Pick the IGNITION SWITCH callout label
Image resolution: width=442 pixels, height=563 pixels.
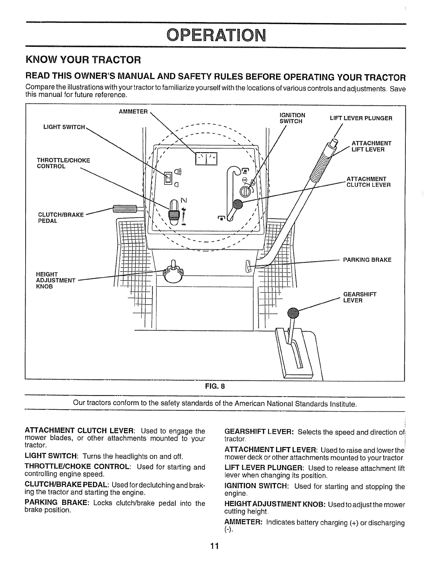coord(292,118)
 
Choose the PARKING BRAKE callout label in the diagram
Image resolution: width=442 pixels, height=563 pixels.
coord(367,260)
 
